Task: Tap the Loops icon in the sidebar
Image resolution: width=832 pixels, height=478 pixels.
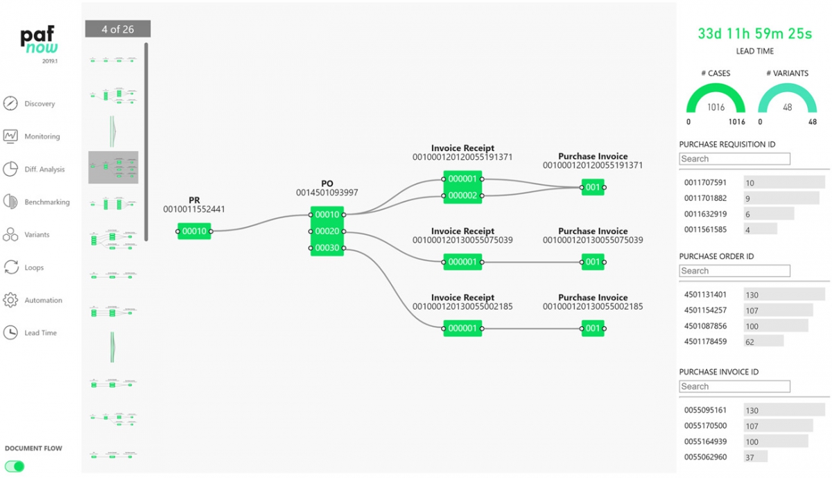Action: click(x=10, y=267)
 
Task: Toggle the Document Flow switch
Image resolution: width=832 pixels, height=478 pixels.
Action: click(x=15, y=466)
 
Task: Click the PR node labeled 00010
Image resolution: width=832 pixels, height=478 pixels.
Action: click(x=194, y=231)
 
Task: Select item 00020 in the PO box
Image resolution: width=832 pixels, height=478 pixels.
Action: click(x=327, y=231)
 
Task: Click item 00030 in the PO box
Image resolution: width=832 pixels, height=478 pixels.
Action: click(x=327, y=248)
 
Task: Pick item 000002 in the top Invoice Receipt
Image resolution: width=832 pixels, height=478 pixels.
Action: click(x=462, y=196)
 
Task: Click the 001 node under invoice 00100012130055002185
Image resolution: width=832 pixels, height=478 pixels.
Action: click(x=593, y=328)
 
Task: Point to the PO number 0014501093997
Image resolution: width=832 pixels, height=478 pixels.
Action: click(x=327, y=193)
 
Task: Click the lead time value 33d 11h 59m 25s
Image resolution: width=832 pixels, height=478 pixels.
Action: click(x=754, y=33)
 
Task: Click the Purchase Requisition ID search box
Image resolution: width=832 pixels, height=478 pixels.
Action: click(x=734, y=159)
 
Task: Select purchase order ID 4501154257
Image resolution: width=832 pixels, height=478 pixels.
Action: click(x=705, y=310)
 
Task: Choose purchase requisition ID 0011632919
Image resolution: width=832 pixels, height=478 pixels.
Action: click(x=705, y=214)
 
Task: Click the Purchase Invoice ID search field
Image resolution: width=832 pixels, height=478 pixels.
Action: click(x=734, y=387)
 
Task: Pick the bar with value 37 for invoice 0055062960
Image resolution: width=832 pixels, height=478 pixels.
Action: click(x=755, y=457)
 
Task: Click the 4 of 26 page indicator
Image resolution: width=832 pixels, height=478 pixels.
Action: click(x=118, y=29)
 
